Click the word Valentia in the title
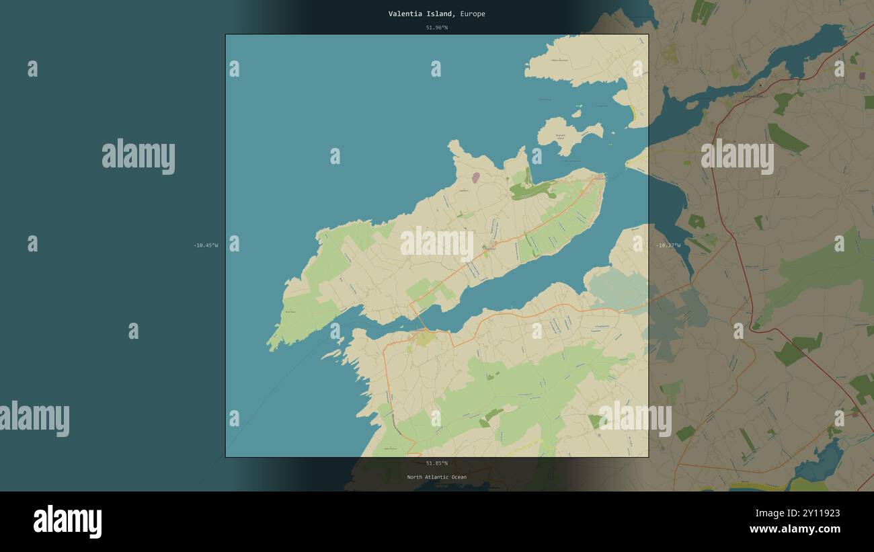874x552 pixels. tap(405, 13)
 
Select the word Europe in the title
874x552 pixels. tap(473, 13)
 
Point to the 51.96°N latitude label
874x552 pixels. tap(436, 28)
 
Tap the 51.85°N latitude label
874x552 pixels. tap(436, 463)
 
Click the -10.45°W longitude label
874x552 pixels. tap(206, 245)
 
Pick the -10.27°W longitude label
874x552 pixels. tap(668, 245)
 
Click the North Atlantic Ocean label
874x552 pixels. tap(436, 477)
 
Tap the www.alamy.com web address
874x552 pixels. tap(794, 529)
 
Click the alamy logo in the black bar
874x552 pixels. tap(67, 522)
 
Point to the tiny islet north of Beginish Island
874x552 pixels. tap(576, 107)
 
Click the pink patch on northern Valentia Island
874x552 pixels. tap(476, 178)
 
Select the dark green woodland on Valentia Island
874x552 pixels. tap(531, 190)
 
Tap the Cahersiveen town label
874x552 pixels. tap(752, 96)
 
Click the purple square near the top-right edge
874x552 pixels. tap(862, 76)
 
